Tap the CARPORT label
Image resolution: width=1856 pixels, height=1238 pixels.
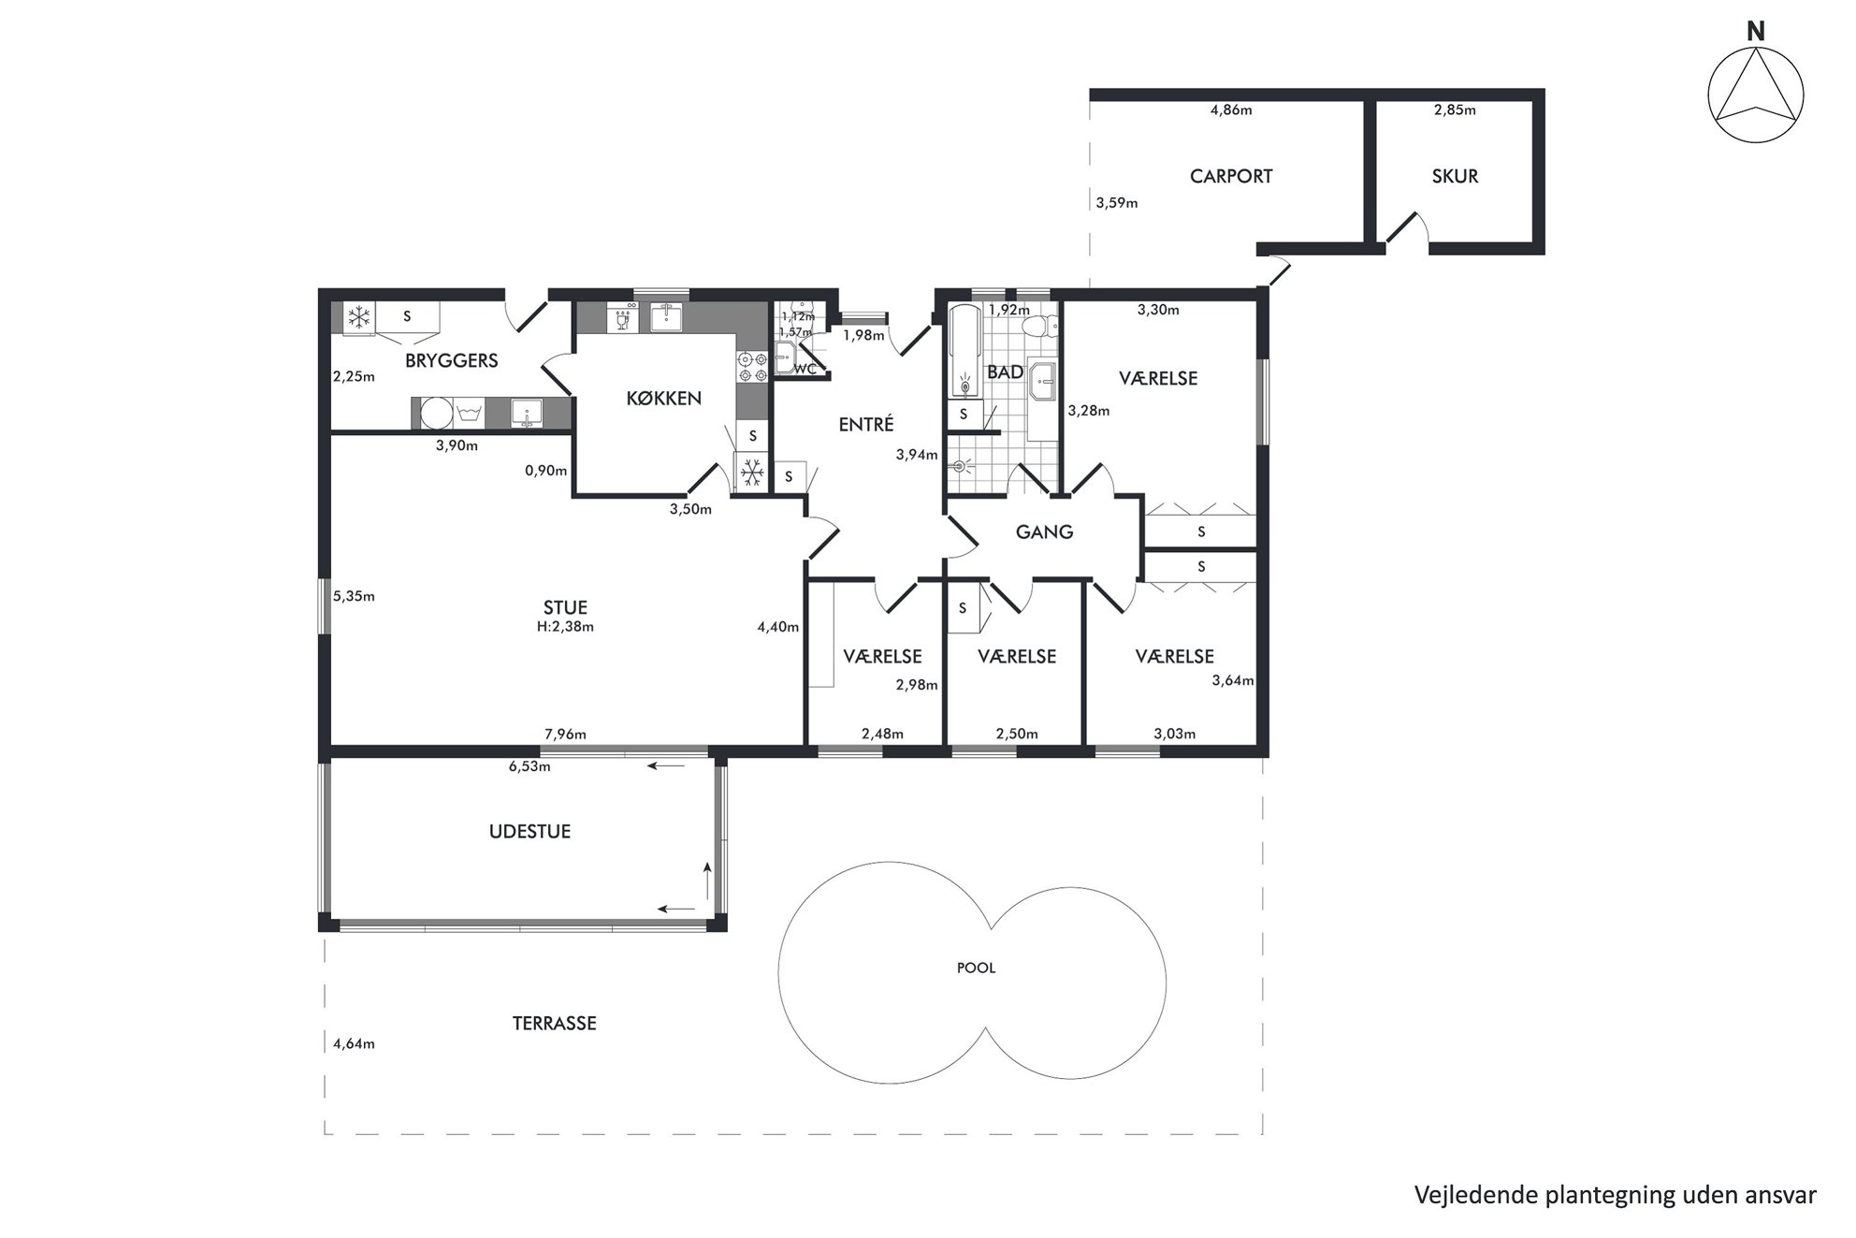click(x=1231, y=176)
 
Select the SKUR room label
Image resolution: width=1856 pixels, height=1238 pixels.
click(x=1455, y=176)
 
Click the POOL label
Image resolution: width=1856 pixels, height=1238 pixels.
click(x=976, y=968)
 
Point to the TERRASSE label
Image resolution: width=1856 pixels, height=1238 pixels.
click(x=554, y=1023)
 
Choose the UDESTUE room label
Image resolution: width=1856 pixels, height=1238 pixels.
click(x=529, y=831)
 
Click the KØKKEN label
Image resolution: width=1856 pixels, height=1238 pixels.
click(x=663, y=398)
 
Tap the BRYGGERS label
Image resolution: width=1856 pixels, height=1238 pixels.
click(x=451, y=360)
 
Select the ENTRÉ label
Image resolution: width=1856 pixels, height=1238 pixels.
click(x=866, y=424)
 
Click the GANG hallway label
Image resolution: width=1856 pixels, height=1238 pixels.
click(x=1044, y=532)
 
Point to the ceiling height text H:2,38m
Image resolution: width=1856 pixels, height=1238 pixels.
click(x=565, y=627)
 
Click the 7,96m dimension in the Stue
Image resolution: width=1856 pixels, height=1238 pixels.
click(x=565, y=734)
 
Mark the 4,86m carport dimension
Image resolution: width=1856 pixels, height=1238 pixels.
click(x=1231, y=109)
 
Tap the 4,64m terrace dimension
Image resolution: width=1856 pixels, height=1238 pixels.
click(x=354, y=1043)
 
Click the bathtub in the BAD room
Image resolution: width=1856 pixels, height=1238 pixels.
click(x=964, y=351)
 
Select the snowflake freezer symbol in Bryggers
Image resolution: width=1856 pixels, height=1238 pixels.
click(x=358, y=315)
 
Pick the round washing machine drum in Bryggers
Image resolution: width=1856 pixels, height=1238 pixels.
click(x=434, y=413)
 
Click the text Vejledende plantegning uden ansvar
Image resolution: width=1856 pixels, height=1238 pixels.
click(x=1615, y=1195)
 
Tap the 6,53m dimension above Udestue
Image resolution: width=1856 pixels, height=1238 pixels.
click(x=529, y=766)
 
